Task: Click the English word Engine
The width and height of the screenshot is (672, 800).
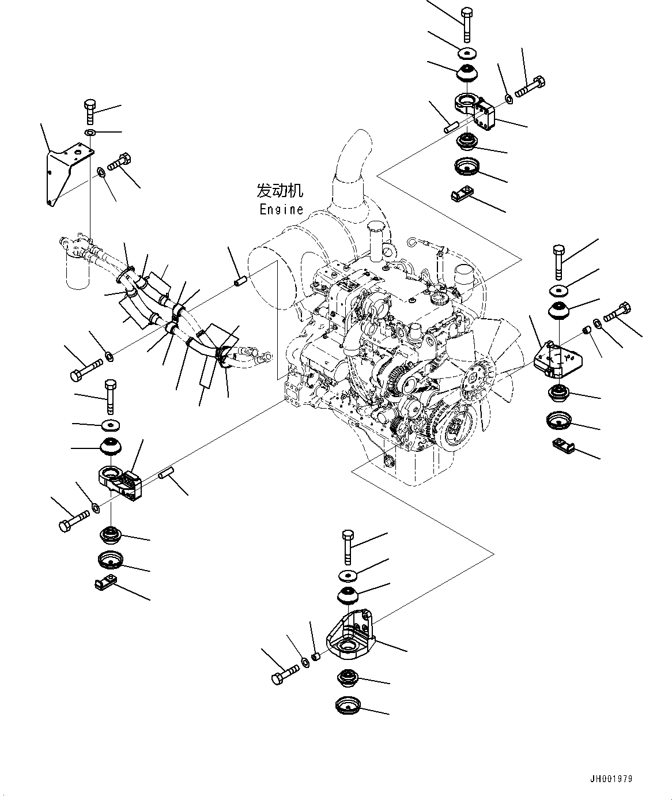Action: (x=281, y=210)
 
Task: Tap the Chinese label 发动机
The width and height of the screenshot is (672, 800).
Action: (x=280, y=191)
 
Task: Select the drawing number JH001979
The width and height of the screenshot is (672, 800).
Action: (x=611, y=779)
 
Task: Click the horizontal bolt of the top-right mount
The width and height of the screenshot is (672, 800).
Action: (x=530, y=86)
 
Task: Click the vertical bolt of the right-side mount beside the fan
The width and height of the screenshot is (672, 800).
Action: (x=558, y=262)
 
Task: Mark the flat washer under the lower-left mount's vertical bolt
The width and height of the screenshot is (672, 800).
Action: (x=109, y=425)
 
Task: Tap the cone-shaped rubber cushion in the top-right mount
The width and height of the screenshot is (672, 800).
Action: (x=467, y=73)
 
